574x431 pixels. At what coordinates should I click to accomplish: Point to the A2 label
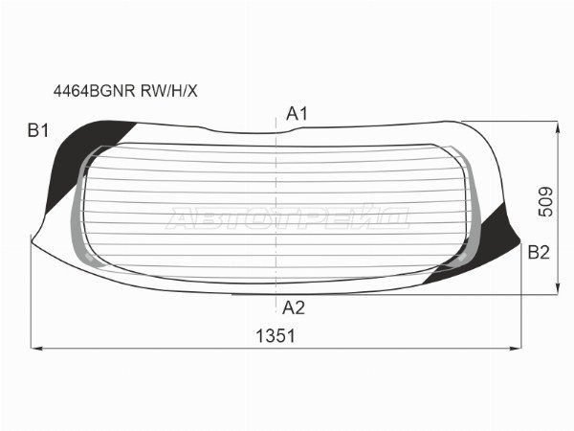(294, 307)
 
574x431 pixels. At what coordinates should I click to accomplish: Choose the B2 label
(539, 253)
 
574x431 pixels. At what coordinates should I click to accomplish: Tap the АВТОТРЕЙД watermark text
(287, 219)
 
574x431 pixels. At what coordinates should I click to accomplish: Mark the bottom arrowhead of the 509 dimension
(558, 288)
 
